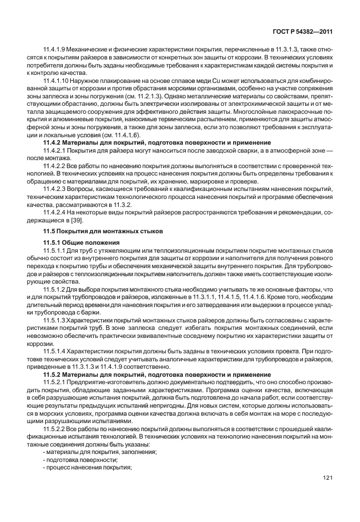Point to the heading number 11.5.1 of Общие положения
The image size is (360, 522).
tap(53, 243)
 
